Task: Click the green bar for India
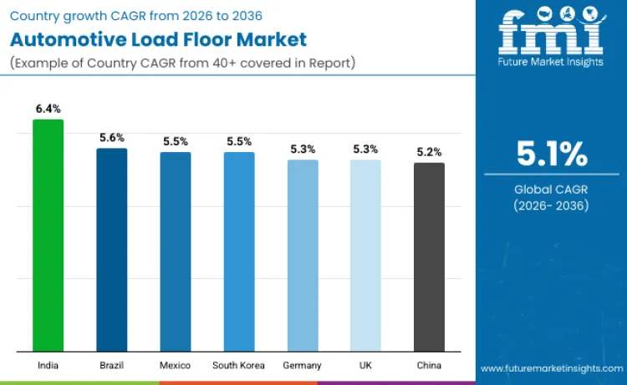(x=48, y=236)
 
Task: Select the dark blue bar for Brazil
(x=112, y=250)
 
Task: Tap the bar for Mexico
(x=176, y=251)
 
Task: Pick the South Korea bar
(x=239, y=251)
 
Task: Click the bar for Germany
(x=303, y=256)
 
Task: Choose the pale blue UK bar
(x=365, y=256)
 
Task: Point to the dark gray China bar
(x=429, y=257)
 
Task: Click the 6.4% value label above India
(x=48, y=109)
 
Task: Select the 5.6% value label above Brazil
(x=112, y=138)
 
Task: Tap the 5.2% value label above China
(x=429, y=152)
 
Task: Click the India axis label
(x=48, y=366)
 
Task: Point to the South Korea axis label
(x=239, y=366)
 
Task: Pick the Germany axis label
(x=303, y=366)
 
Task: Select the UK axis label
(x=365, y=366)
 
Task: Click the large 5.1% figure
(x=551, y=155)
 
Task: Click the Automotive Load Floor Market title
(x=158, y=39)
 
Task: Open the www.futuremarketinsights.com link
(x=551, y=368)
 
